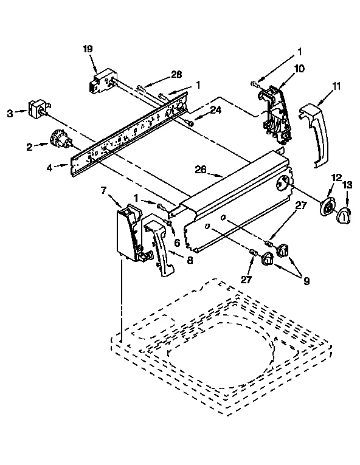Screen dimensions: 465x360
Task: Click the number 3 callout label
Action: point(9,112)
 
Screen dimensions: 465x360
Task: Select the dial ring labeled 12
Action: point(328,208)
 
